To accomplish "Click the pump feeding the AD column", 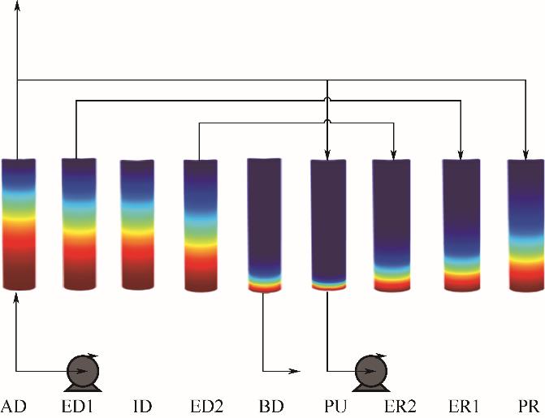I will (82, 373).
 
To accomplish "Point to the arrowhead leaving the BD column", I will (295, 372).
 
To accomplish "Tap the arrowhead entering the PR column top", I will (526, 153).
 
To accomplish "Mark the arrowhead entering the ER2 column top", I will (394, 153).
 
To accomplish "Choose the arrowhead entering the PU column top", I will (327, 153).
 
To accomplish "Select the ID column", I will (137, 225).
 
